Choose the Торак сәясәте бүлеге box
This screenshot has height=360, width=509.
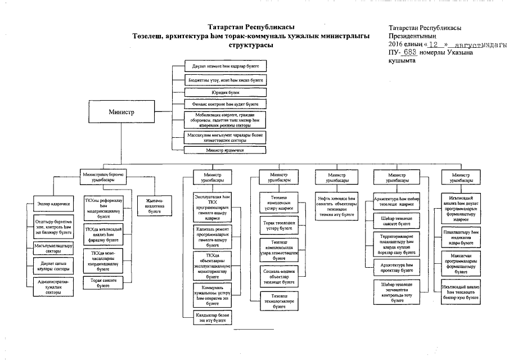pyautogui.click(x=103, y=282)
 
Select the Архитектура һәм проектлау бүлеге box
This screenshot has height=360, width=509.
pyautogui.click(x=397, y=266)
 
